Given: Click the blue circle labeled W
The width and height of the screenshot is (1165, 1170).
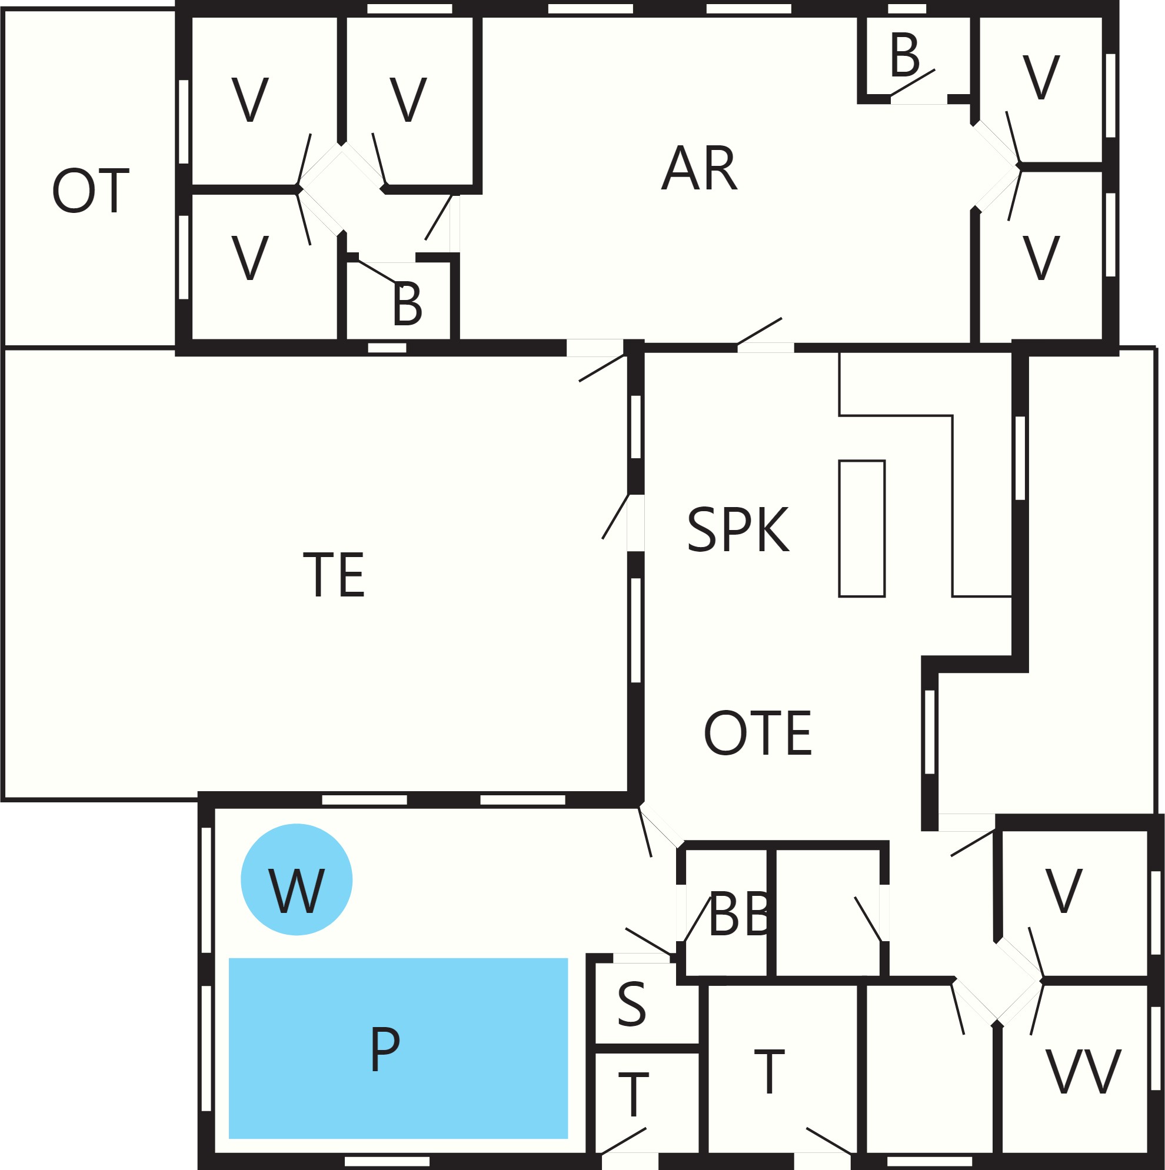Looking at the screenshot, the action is (x=296, y=879).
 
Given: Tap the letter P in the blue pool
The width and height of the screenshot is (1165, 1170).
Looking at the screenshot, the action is (x=385, y=1049).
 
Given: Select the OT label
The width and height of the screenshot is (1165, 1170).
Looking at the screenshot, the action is (x=91, y=191).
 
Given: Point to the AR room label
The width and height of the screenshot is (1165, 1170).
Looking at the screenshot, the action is (x=699, y=168).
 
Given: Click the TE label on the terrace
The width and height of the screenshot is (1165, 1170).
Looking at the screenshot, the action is (x=334, y=574).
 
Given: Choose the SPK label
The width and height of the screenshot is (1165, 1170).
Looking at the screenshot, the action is (x=738, y=530).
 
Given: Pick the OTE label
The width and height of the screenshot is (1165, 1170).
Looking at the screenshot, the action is (x=757, y=733).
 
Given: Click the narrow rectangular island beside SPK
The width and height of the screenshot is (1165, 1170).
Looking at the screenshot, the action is (x=861, y=529).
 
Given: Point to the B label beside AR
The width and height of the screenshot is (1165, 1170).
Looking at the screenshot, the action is (x=904, y=56).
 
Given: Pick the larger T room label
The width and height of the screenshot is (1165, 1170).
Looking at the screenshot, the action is (x=770, y=1072).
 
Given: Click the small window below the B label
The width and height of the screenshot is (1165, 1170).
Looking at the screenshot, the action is (x=387, y=348).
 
